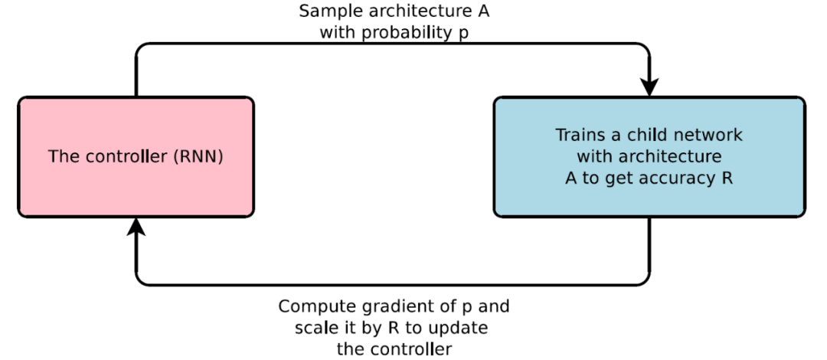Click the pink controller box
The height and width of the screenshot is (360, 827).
point(136,157)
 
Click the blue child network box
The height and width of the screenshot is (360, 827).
point(649,157)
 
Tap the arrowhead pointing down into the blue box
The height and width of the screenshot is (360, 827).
point(649,87)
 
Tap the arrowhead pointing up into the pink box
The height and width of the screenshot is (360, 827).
point(136,227)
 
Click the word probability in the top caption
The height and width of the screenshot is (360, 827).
point(403,34)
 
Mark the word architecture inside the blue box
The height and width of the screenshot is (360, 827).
point(672,157)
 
